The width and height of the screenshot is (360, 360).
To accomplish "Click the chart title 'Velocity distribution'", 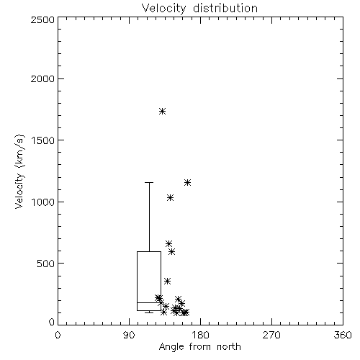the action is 199,8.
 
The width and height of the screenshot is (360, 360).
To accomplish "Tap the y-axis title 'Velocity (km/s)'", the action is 19,171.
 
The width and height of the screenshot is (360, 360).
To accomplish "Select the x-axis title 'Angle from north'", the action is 199,347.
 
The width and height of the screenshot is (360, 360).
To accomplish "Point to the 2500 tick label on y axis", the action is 42,19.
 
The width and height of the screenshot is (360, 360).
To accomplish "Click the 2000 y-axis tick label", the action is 42,78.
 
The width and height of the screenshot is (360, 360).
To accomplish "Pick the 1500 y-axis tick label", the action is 42,140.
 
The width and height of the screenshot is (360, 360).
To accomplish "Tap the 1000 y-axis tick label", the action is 42,202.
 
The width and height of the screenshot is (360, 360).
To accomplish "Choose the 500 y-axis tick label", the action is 45,264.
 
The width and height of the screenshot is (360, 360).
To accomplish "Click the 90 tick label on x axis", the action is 129,335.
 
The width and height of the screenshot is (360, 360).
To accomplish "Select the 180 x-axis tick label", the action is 200,335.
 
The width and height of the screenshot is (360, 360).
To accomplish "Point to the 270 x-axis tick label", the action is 271,335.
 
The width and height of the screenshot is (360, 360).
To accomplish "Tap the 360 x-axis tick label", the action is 343,335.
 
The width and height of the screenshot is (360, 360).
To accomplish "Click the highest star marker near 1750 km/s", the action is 163,112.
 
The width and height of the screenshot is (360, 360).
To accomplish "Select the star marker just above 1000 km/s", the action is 170,198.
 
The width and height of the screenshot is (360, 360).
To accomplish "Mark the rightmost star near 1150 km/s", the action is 187,183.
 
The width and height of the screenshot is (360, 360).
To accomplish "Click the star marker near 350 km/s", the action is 167,281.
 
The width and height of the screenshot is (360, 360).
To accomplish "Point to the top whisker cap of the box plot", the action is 149,183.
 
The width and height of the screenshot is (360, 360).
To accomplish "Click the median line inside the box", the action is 149,302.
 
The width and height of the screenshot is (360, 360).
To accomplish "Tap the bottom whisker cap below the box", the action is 149,312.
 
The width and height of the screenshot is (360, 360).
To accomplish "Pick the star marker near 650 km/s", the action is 168,244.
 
